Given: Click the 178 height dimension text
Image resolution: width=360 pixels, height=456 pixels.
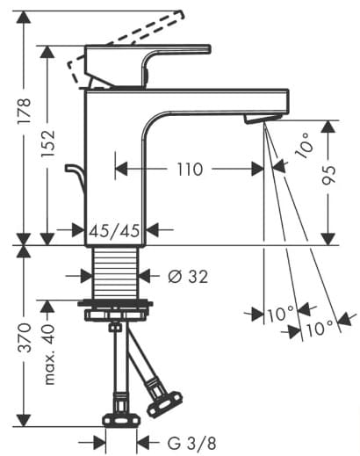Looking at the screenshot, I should [24, 112].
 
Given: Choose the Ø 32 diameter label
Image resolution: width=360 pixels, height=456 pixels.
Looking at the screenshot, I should [187, 277].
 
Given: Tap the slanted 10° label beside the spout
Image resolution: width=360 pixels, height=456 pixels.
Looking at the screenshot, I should [301, 145].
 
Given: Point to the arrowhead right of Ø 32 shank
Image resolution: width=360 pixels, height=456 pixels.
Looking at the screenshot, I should [146, 277].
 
